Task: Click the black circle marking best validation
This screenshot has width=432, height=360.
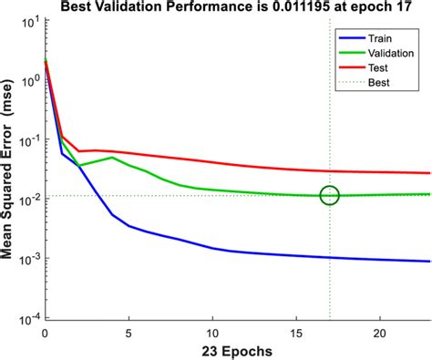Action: pyautogui.click(x=329, y=195)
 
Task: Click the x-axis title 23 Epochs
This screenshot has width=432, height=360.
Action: pyautogui.click(x=237, y=350)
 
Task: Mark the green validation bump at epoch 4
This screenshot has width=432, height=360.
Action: pyautogui.click(x=112, y=158)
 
